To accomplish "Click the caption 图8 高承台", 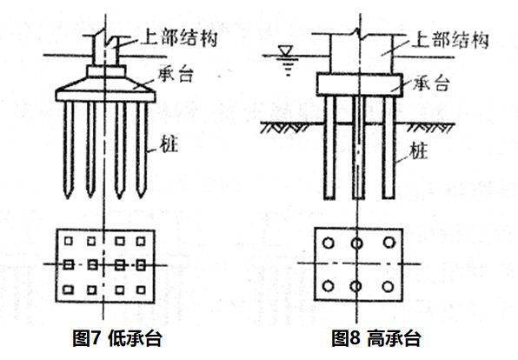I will [x=375, y=338].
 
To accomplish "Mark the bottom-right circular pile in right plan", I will [x=388, y=286].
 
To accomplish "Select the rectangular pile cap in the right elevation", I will [x=357, y=84].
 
